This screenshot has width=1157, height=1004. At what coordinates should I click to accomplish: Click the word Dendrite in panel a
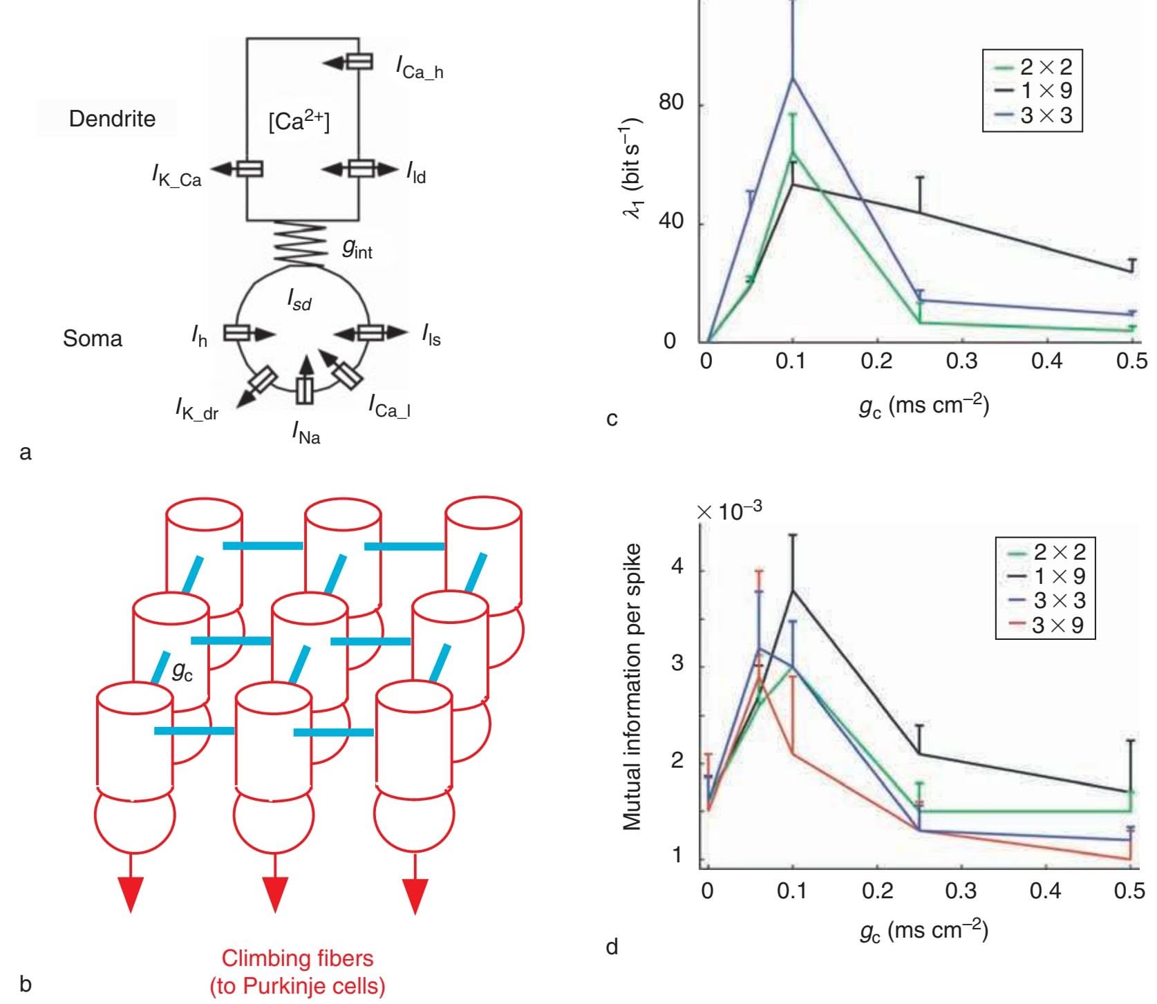coord(112,119)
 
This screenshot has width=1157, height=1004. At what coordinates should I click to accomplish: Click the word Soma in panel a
coord(92,339)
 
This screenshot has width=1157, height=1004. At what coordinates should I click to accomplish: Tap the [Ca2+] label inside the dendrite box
coord(299,122)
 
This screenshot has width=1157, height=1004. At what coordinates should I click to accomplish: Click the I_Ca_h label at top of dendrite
coord(419,67)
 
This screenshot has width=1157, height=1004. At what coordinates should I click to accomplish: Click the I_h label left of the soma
coord(199,337)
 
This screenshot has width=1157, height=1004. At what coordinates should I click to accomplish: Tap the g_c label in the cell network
coord(181,670)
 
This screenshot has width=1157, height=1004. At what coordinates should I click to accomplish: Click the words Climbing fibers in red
coord(297,958)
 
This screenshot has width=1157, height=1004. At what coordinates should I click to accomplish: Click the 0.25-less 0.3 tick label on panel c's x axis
coord(961,361)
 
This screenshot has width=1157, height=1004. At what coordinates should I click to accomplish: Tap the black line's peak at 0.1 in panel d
coord(793,591)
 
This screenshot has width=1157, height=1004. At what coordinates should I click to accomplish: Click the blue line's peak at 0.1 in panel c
coord(793,78)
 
